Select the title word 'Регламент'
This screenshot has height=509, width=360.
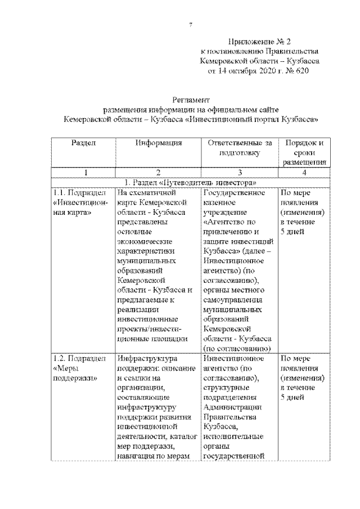click(x=191, y=98)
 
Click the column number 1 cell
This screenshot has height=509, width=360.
click(x=83, y=173)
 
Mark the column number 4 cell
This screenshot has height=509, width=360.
click(x=304, y=173)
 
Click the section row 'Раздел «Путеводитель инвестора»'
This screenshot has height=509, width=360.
click(x=191, y=183)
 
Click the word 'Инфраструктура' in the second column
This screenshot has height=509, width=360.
click(x=147, y=358)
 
